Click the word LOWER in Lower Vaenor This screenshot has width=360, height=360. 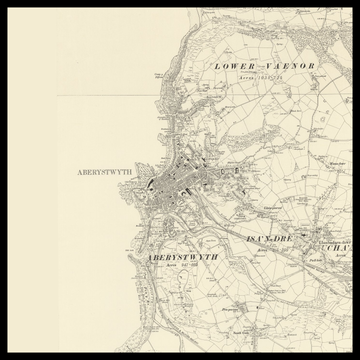tap(232, 65)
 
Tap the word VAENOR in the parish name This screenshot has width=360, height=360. tap(290, 65)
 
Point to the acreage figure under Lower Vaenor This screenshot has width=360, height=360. tap(264, 75)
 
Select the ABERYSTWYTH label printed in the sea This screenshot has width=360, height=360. tap(104, 172)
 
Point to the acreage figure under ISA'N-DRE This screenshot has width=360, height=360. tap(267, 248)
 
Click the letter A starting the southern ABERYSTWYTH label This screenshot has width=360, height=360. tap(148, 257)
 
